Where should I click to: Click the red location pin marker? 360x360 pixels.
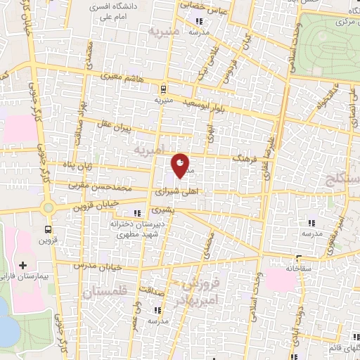click(x=180, y=165)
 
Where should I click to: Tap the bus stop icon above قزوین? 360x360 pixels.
click(x=48, y=229)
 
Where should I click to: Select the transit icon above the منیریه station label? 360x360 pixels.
click(x=163, y=89)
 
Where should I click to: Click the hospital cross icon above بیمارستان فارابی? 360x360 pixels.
click(x=23, y=265)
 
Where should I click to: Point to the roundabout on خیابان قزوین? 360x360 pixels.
click(x=48, y=208)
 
